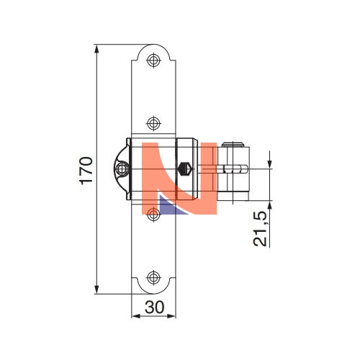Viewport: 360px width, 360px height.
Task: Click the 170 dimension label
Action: click(x=86, y=171)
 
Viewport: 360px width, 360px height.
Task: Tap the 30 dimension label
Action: click(x=155, y=307)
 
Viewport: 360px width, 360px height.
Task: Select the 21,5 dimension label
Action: click(x=260, y=229)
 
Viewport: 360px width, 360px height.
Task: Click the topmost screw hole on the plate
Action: click(x=153, y=60)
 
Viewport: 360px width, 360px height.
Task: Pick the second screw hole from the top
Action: click(x=153, y=123)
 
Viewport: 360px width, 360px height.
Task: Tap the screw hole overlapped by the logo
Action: click(x=153, y=215)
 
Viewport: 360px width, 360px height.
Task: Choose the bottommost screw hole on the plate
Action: click(x=153, y=278)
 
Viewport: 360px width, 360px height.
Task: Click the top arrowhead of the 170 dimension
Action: click(x=96, y=49)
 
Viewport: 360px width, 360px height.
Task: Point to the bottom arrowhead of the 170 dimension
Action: click(x=96, y=289)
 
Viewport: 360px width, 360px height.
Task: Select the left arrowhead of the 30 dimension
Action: click(x=136, y=316)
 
